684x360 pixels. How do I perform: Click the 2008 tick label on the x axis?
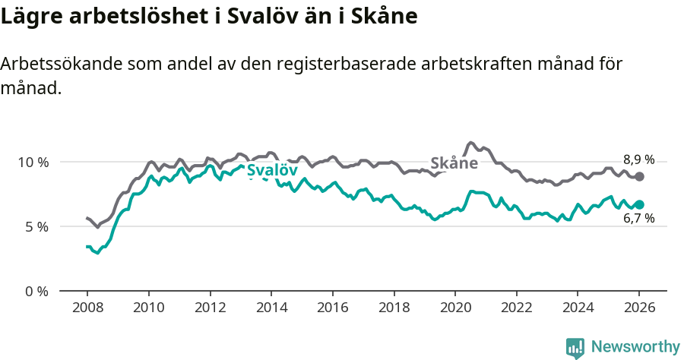click(87, 308)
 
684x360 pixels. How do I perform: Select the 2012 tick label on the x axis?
click(210, 308)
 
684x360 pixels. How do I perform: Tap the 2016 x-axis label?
click(332, 308)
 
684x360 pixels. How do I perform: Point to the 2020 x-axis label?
click(455, 308)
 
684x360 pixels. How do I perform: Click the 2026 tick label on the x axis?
click(639, 308)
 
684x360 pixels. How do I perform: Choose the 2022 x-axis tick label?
click(516, 308)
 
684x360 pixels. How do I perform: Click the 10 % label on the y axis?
click(33, 162)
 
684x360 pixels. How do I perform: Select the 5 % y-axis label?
click(36, 226)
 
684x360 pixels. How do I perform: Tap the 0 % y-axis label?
click(36, 291)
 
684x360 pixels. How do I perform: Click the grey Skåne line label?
click(454, 163)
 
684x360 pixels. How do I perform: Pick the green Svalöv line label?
click(272, 171)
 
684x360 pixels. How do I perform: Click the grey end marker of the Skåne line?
click(639, 176)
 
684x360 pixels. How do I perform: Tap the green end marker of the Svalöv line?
click(639, 204)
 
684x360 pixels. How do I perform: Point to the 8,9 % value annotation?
click(638, 159)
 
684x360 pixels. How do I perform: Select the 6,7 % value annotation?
click(638, 219)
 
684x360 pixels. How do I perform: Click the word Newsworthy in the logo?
click(635, 347)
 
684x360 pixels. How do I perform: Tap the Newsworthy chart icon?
click(575, 348)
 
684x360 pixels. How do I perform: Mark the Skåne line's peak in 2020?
click(470, 142)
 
